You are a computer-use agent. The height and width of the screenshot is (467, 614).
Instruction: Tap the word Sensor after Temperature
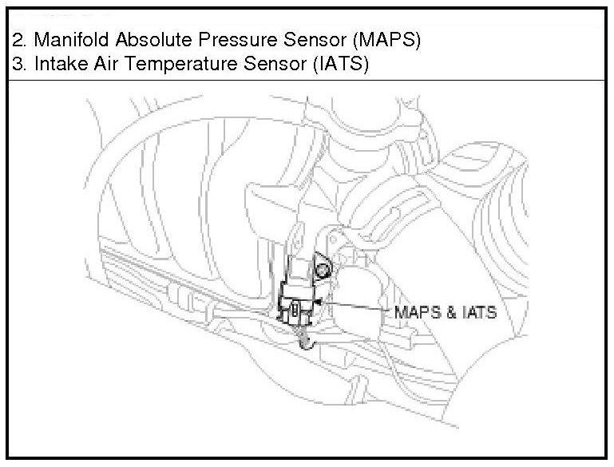point(268,65)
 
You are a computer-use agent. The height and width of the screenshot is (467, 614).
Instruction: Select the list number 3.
point(18,65)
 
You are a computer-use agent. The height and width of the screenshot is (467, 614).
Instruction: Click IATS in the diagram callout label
point(477,312)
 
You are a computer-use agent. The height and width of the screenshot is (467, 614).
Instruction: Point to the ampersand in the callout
point(450,312)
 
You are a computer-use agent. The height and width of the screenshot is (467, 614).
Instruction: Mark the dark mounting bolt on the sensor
point(323,270)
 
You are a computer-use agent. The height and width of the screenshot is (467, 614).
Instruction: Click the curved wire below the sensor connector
point(306,342)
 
